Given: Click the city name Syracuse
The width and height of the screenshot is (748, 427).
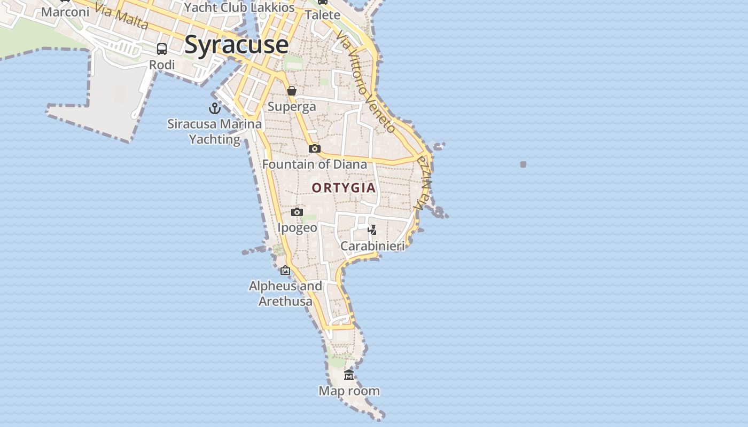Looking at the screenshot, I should pos(236,45).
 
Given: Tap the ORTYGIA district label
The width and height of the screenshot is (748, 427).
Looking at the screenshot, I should pos(344,188).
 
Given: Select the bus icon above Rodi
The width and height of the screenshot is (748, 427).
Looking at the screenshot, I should pos(162,49).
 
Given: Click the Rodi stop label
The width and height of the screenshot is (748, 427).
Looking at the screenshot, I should pos(162,65).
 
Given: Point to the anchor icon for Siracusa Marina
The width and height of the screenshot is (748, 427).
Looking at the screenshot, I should pos(214,108).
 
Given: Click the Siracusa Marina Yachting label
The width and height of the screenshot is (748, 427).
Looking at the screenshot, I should pos(215,131).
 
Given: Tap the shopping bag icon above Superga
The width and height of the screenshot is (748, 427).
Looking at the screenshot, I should pos(292,91).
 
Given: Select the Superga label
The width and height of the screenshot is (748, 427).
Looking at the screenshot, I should pos(292,107).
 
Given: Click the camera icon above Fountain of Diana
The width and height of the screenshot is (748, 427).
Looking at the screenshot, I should pos(315,148).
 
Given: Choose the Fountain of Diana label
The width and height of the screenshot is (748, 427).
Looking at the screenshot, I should pos(315,164).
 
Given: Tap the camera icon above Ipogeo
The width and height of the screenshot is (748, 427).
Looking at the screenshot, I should pos(297,212).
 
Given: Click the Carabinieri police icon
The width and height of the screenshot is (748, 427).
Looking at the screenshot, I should pos(372,230).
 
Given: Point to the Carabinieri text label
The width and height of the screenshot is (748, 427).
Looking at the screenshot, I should pos(372,246).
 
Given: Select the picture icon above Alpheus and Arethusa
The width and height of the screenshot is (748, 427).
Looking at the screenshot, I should pos(285,270).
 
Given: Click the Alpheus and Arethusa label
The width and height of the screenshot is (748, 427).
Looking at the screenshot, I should pos(285,294).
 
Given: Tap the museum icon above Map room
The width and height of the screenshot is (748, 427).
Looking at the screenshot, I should pos(349,375).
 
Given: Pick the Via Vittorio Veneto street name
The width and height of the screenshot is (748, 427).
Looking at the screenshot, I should pos(367,80).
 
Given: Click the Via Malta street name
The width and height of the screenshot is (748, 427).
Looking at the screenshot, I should pos(122,17).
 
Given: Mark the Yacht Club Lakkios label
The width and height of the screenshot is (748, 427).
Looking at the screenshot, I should pos(239,7).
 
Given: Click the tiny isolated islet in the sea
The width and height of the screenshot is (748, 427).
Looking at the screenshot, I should pos(523,164).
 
